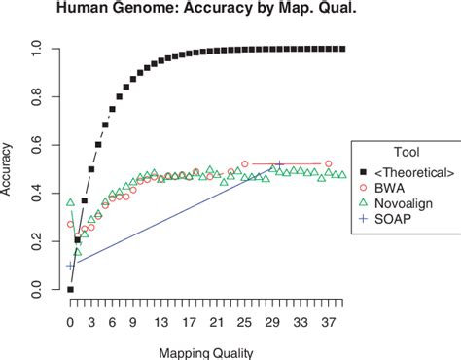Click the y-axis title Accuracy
pyautogui.click(x=12, y=169)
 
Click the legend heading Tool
pyautogui.click(x=408, y=152)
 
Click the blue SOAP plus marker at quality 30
pyautogui.click(x=280, y=166)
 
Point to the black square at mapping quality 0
pyautogui.click(x=70, y=289)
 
